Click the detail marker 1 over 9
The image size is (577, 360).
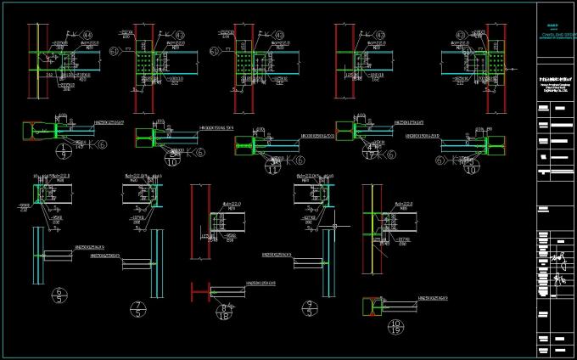tap(64, 152)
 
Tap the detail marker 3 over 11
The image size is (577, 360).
tap(273, 164)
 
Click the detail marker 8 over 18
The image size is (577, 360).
tap(224, 314)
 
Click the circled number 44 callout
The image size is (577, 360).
tap(88, 35)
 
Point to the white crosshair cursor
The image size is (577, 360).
tap(336, 227)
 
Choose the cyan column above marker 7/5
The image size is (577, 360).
tap(156, 263)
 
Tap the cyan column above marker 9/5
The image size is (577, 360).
tap(327, 263)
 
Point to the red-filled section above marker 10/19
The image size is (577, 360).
tap(370, 306)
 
